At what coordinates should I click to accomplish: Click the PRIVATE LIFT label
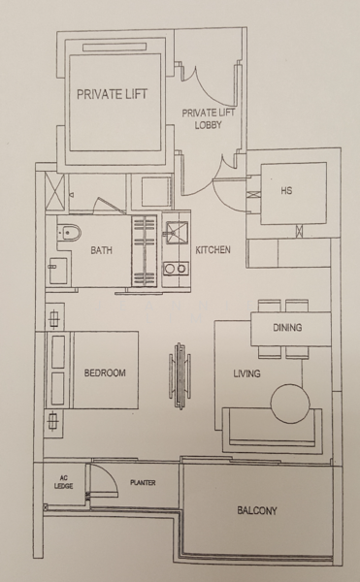113,94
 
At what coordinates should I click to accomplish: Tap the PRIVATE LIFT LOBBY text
209,118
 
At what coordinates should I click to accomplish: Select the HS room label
286,191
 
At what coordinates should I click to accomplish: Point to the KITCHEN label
213,250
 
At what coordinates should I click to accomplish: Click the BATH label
101,250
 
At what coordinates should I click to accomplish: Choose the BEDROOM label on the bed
105,372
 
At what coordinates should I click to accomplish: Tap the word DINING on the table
287,328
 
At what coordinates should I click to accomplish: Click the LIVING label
246,373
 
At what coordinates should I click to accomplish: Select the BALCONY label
257,511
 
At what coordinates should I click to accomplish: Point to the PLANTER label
143,482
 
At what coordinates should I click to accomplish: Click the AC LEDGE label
63,482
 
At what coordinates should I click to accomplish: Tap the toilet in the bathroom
70,233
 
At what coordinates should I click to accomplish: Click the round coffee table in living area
290,404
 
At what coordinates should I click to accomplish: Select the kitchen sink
177,233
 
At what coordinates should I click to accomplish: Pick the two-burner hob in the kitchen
177,269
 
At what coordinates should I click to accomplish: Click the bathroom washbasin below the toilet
58,271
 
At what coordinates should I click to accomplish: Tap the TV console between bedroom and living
180,375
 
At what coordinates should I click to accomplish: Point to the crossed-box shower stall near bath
55,192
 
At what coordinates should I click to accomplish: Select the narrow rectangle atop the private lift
115,48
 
